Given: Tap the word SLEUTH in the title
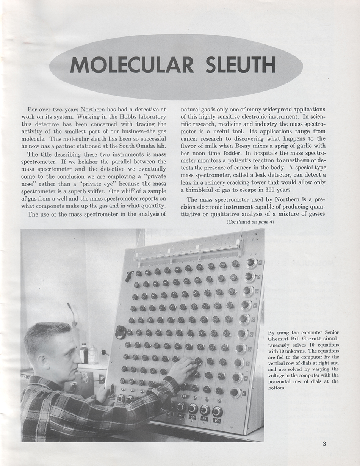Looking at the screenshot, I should click(240, 65).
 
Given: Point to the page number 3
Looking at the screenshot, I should click(324, 444).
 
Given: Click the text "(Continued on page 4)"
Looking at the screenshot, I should click(250, 222).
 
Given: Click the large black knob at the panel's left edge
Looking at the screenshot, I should click(121, 332).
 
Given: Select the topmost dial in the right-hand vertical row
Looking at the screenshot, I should click(251, 263).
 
